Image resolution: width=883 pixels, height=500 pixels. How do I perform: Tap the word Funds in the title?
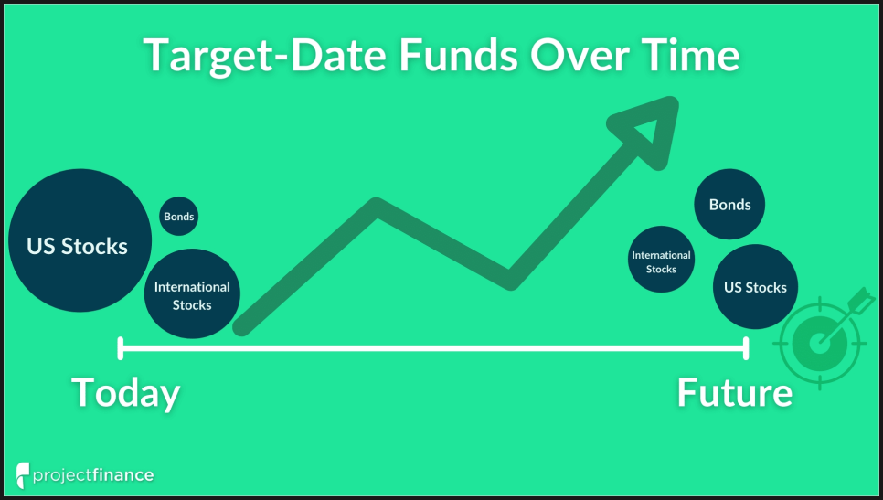coord(458,55)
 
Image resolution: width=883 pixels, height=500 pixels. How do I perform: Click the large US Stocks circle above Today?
coord(80,240)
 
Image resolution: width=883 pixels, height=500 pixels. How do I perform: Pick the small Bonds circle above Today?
coord(178,217)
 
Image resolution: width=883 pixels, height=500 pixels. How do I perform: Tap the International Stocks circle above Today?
coord(192,294)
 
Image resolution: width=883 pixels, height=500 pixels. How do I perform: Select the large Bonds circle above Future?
coord(729,205)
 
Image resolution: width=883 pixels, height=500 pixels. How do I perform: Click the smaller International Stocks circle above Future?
coord(661,260)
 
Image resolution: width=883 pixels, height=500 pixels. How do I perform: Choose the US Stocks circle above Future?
coord(755,287)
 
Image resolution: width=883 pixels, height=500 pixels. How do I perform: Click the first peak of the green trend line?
coord(377,207)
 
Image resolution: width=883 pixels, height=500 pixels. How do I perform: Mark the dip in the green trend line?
coord(510,280)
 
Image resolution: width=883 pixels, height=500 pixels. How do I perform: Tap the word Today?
coord(125,393)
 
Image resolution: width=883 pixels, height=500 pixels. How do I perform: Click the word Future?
coord(734,393)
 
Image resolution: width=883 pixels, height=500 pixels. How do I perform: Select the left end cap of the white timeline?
coord(121,348)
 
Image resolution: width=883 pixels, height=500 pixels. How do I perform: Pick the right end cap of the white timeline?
coord(746,348)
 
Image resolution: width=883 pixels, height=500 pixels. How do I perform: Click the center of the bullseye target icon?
coord(819,343)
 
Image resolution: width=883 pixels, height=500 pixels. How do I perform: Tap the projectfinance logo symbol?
coord(22,475)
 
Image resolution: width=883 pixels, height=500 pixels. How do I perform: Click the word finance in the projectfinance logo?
coord(122,474)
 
